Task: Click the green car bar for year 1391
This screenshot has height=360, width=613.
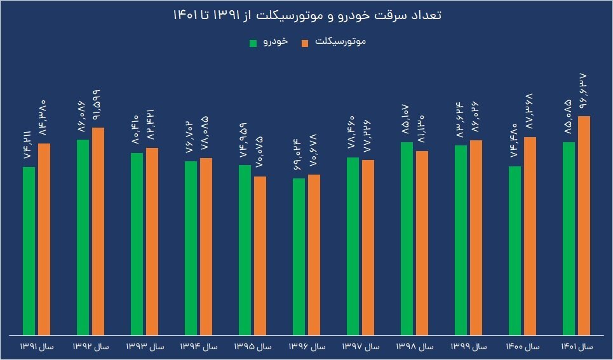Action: pos(29,251)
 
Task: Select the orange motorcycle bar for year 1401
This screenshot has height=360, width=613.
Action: pos(584,225)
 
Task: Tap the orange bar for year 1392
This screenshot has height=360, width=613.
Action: pos(98,231)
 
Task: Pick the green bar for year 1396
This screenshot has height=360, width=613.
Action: pos(299,257)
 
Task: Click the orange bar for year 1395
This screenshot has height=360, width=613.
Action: pos(260,255)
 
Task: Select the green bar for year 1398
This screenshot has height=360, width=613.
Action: pos(407,239)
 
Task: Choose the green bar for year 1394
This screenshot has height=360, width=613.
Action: pos(191,248)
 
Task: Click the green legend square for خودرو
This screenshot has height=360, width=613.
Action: pos(253,43)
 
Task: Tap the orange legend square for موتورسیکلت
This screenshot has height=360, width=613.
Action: pos(305,43)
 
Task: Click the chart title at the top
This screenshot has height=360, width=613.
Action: pos(306,15)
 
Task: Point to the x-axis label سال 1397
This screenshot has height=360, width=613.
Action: pos(361,347)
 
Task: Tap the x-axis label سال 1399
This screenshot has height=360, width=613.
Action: pos(469,347)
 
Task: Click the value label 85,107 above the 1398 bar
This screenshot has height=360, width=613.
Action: pos(407,119)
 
